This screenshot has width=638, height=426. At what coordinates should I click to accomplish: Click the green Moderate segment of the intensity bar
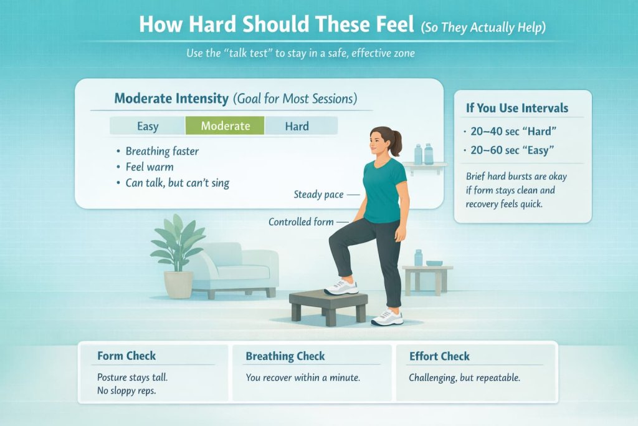pos(225,126)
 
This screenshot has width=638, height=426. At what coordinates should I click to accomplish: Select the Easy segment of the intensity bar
pos(148,126)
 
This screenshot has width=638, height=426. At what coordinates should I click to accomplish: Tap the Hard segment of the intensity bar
pos(297,126)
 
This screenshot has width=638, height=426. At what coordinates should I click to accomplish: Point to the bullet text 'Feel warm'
pos(150,167)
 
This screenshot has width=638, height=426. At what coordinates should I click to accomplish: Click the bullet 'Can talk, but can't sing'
pos(178,183)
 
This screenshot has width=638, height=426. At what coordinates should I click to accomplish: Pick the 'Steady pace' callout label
pos(318,195)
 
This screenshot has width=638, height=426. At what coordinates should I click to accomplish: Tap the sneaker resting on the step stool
pos(341,288)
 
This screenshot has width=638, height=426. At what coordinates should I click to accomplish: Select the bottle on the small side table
pos(418,258)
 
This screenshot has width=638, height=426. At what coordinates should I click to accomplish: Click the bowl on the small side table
pos(434,263)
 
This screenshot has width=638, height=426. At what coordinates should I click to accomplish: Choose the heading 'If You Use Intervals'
pos(517,108)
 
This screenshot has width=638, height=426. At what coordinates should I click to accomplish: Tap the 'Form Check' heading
pos(126,356)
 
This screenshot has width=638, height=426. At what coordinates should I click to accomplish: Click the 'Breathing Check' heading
pos(285,356)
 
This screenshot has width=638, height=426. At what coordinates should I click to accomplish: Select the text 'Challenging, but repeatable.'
pos(464,378)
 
